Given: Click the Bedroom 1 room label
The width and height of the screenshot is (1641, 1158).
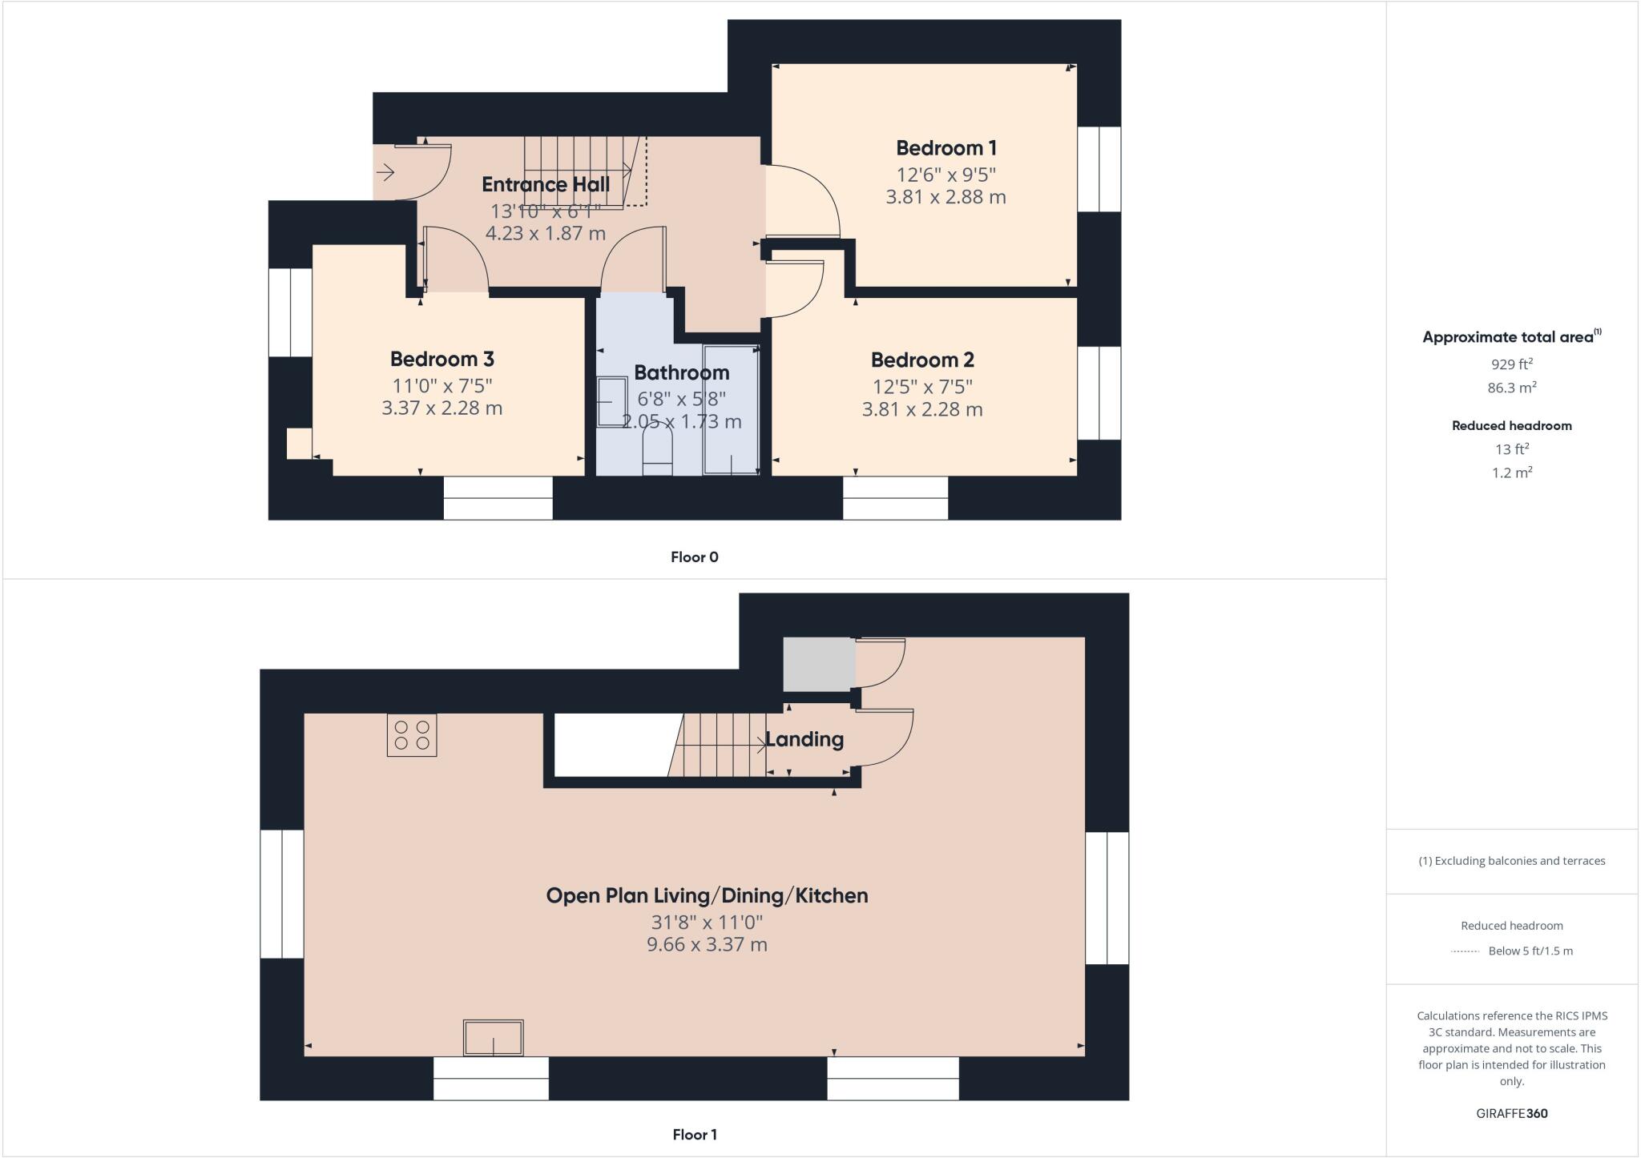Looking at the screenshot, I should coord(946,148).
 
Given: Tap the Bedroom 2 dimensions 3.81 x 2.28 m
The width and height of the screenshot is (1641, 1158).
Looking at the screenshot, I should coord(921,409).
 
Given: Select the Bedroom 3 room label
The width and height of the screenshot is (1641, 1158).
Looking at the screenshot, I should coord(441,359).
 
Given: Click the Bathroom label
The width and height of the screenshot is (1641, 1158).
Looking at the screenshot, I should coord(681,372).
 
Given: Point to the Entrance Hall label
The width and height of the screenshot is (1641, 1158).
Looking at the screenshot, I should coord(546,184).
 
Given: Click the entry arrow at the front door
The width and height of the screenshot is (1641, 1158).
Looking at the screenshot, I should coord(385,172).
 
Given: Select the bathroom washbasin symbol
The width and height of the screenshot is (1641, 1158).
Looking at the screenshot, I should coord(611,401).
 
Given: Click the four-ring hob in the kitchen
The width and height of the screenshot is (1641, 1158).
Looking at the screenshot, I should coord(412,735).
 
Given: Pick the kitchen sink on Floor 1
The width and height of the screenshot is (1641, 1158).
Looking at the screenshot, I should coord(493,1037).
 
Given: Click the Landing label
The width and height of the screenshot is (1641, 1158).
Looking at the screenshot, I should coord(804,739).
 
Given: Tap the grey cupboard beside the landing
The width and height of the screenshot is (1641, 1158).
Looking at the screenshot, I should coord(818,664).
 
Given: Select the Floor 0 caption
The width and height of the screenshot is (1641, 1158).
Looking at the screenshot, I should coord(694,557).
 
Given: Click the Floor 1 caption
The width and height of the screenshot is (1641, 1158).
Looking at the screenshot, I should coord(694,1134).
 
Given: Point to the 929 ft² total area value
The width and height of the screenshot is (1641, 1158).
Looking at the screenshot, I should coord(1511,364).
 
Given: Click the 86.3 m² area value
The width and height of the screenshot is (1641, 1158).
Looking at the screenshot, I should coord(1511,388).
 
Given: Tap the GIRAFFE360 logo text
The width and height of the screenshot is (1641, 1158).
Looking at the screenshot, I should coord(1511,1113).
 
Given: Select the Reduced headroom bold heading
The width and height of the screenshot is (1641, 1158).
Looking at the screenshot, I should coord(1511,426).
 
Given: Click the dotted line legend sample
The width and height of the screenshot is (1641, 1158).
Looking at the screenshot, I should coord(1465,951).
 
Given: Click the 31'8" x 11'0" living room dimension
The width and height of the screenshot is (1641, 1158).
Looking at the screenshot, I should coord(707,922).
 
